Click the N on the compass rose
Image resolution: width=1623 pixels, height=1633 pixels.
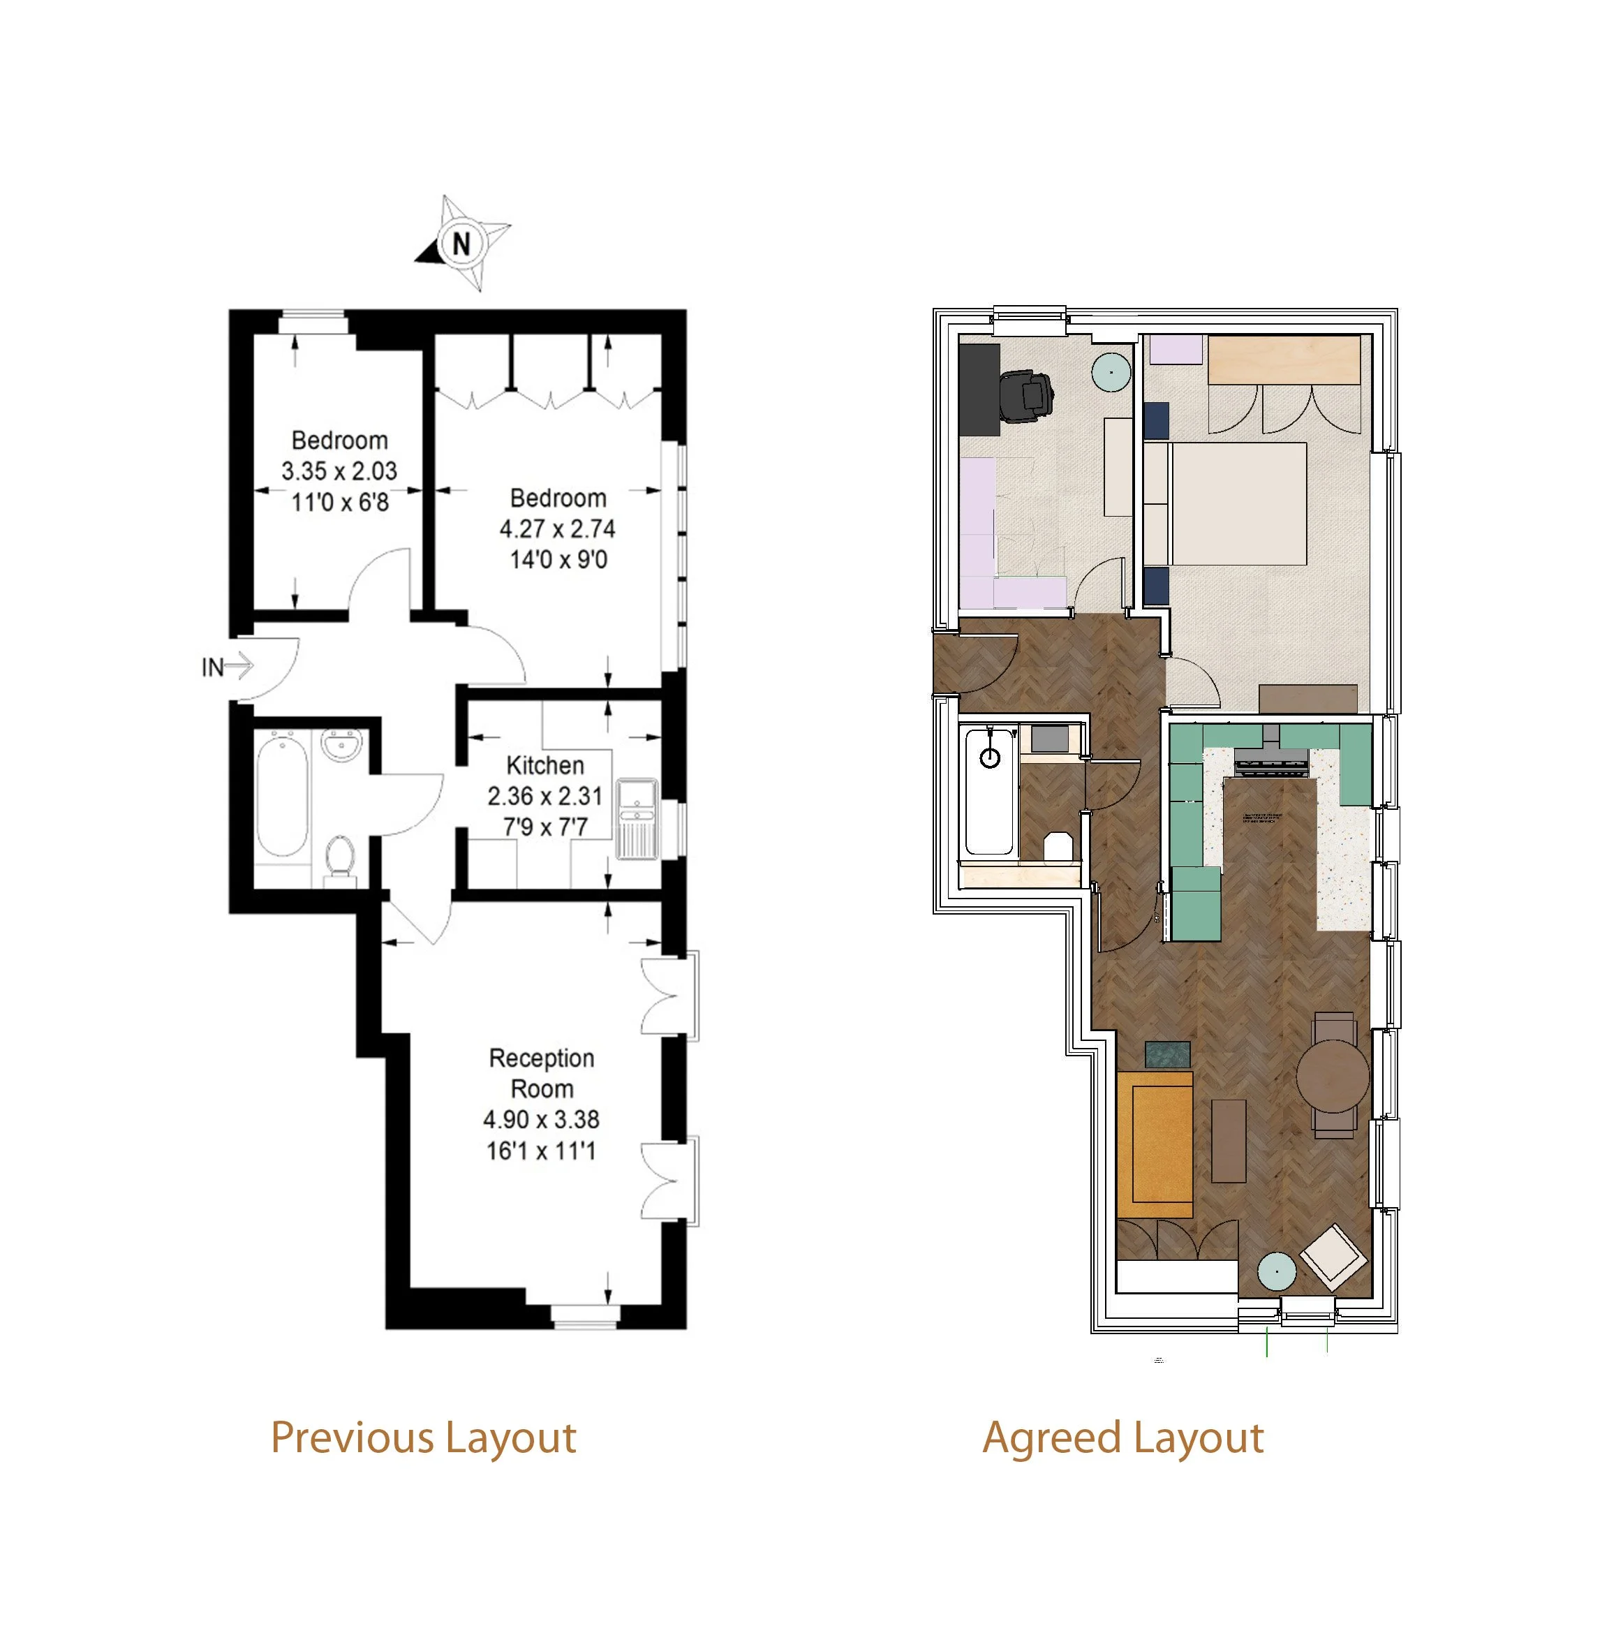tap(461, 244)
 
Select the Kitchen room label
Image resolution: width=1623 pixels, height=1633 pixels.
tap(545, 766)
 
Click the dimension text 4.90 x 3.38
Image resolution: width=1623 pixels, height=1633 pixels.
tap(541, 1120)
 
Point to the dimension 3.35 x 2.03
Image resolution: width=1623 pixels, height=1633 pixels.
tap(339, 471)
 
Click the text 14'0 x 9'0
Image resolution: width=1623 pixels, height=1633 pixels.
tap(558, 559)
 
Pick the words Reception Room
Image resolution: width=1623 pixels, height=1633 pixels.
tap(542, 1074)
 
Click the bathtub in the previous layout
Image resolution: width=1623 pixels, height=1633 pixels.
tap(281, 798)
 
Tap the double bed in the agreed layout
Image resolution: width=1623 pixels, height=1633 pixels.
tap(1226, 504)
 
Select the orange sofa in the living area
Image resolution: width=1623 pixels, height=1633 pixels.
tap(1154, 1144)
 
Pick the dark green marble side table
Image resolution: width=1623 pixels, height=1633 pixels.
tap(1167, 1054)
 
